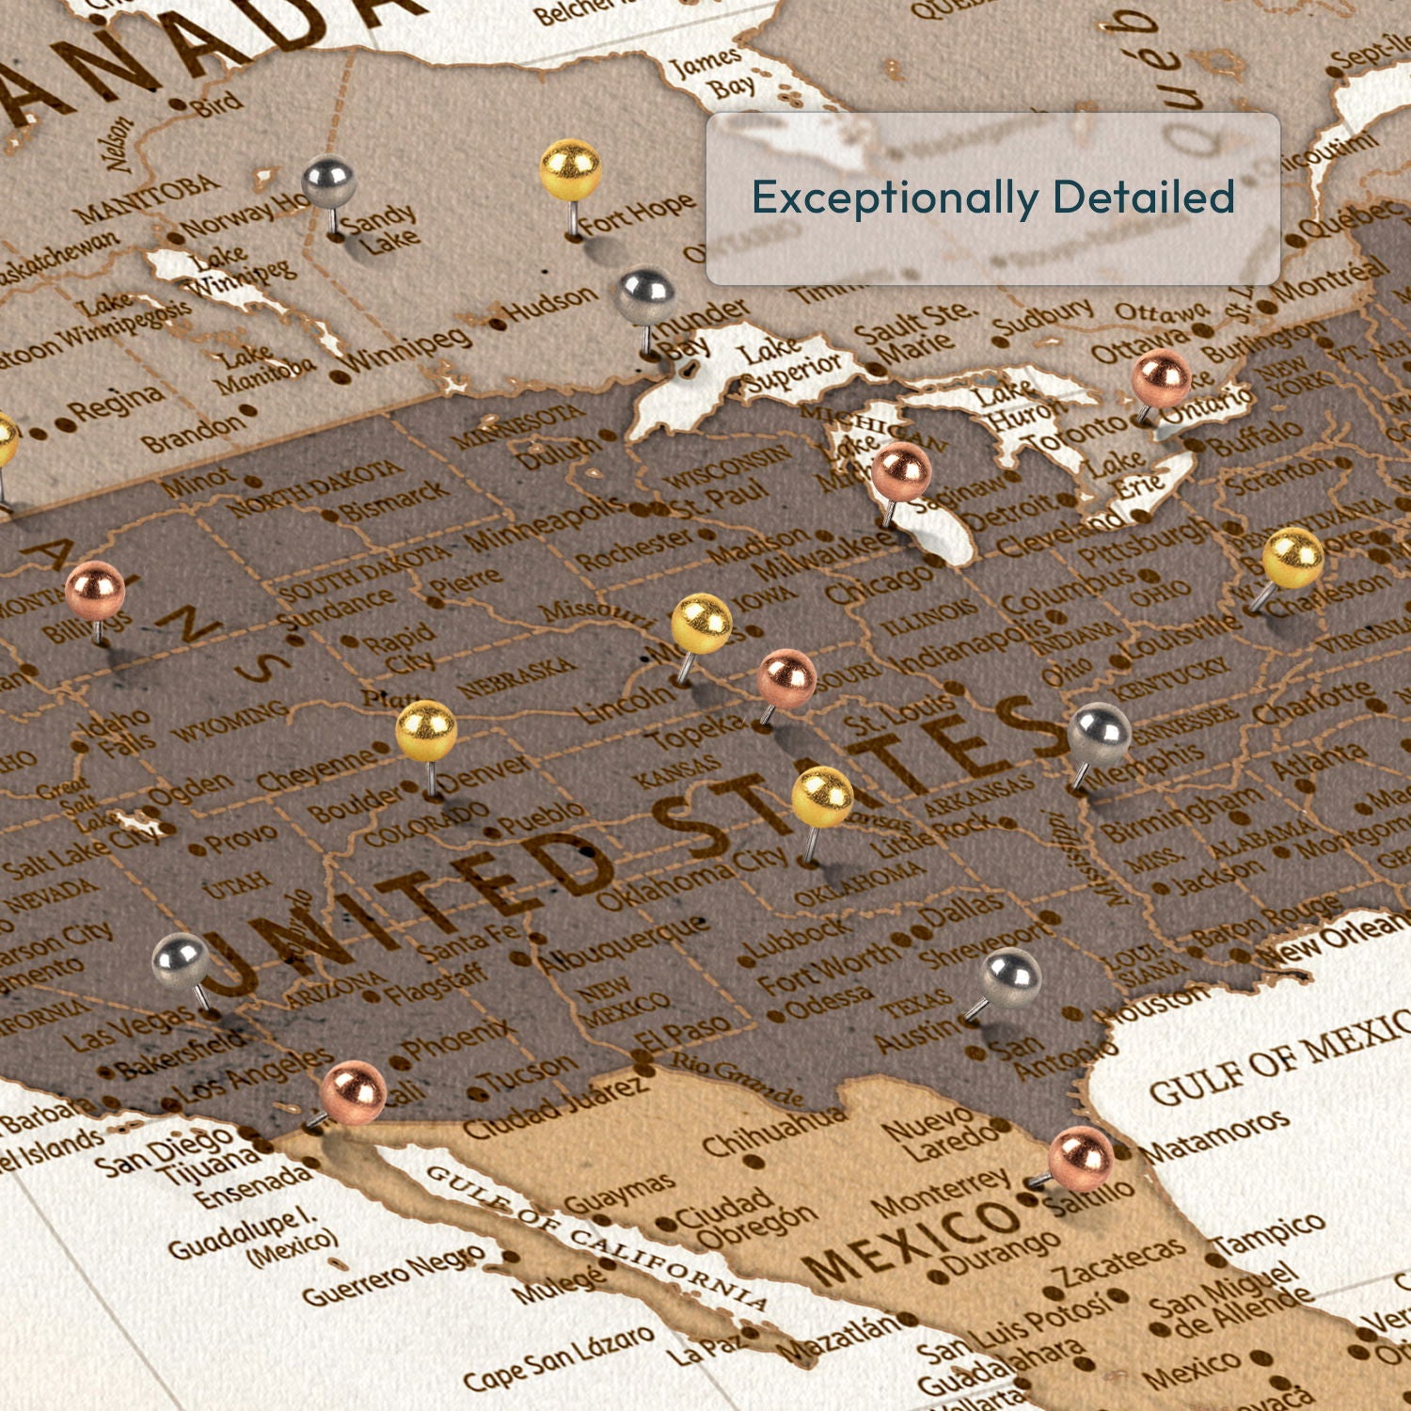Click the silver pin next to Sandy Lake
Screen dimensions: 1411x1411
click(328, 182)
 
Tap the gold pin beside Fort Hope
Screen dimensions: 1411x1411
click(570, 170)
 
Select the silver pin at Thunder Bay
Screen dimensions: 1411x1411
click(646, 295)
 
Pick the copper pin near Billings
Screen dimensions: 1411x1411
click(95, 591)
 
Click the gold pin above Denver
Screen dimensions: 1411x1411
click(426, 730)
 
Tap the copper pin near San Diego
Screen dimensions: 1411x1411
click(353, 1092)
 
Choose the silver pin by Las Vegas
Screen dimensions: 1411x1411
click(181, 962)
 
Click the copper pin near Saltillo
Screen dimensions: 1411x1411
click(1080, 1158)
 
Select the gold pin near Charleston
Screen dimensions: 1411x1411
click(1292, 559)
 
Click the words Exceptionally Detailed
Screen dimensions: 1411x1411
click(992, 198)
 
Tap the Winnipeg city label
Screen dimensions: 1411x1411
click(407, 349)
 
